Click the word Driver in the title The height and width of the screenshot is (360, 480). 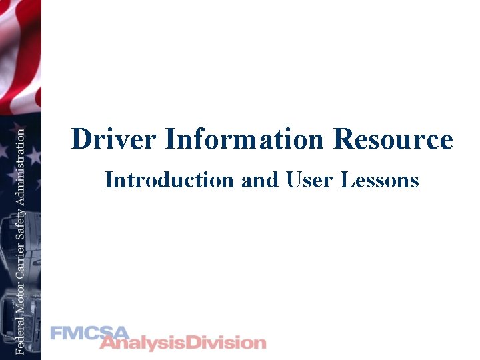coord(114,140)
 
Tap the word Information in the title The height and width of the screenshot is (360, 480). coord(244,140)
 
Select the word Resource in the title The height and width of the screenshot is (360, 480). coord(393,140)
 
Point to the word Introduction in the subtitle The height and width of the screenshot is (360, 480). coord(169,180)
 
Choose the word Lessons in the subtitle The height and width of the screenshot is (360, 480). coord(380,180)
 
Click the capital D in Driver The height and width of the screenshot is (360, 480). coord(81,140)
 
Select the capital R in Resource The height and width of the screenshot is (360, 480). coord(344,140)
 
